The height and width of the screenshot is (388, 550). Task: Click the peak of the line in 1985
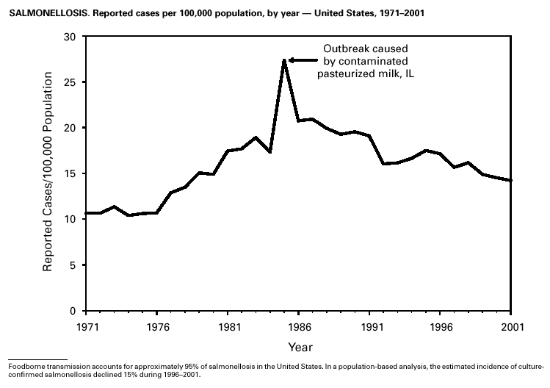[x=283, y=60]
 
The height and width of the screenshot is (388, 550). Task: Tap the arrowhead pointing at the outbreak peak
[x=292, y=60]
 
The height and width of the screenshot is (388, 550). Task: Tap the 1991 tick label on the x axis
[x=370, y=326]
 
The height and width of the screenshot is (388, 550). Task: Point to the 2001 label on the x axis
[x=511, y=326]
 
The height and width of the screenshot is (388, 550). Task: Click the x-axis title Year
[x=299, y=345]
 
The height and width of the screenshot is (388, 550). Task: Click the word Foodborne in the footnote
[x=23, y=365]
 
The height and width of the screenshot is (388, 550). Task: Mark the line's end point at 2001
[x=511, y=180]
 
